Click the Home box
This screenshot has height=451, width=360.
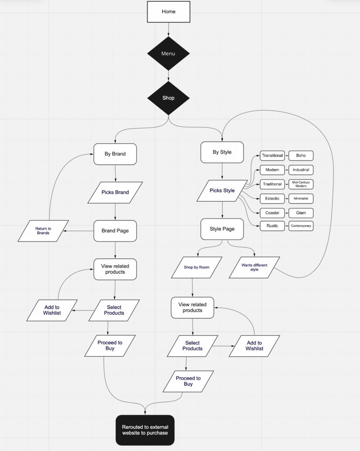169,12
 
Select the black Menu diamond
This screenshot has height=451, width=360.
168,54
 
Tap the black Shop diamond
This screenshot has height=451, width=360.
168,98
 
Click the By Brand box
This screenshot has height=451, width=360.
115,154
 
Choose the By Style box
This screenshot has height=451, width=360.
222,152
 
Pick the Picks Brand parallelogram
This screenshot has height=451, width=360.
115,192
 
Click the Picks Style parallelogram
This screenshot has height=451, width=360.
222,191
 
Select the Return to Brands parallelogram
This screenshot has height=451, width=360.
43,231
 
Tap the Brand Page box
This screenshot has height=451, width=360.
115,231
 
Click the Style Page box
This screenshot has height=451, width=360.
222,229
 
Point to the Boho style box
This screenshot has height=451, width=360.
301,156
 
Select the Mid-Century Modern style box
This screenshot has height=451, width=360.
301,184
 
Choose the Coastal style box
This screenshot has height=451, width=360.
272,213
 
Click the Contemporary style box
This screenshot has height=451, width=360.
301,226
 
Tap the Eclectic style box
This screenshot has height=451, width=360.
272,199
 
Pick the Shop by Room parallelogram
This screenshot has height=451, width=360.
197,268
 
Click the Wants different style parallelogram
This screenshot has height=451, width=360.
254,268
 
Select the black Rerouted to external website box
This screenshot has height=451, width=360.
145,430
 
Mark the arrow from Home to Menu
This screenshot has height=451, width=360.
169,29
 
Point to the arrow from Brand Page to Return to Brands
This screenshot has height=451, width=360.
78,231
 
